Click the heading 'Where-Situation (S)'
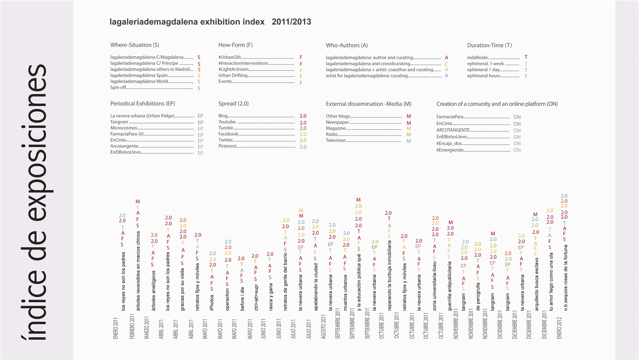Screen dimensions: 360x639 coord(135,45)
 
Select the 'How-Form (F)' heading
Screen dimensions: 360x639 coord(235,45)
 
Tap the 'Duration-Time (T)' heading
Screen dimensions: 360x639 coord(489,45)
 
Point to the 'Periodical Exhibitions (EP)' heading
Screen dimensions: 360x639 coord(142,104)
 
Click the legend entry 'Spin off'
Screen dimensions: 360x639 coord(118,87)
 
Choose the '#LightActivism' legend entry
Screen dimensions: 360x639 coord(233,69)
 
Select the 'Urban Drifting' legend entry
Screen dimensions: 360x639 coord(233,76)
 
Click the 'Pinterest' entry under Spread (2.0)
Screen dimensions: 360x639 coord(227,146)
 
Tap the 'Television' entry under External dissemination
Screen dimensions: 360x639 coord(336,140)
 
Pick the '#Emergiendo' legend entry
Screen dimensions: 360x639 coord(450,150)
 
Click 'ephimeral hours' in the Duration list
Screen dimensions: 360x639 coord(483,76)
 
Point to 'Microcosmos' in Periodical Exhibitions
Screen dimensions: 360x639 coord(123,128)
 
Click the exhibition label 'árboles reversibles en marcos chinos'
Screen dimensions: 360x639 coord(138,271)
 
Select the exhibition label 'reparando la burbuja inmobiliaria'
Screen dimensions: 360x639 coord(389,275)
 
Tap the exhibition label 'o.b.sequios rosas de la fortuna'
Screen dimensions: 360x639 coord(565,278)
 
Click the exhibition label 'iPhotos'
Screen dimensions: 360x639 coord(212,302)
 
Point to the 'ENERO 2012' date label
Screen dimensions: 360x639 coord(559,328)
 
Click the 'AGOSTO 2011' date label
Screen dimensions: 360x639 coord(323,327)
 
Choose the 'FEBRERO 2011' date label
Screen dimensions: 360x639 coord(132,326)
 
